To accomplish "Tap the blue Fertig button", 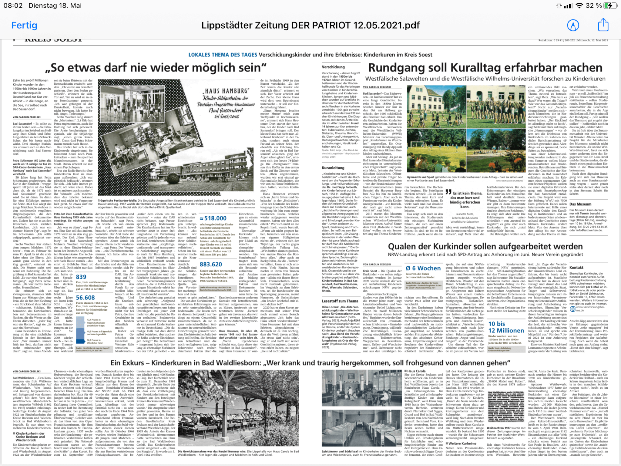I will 24,25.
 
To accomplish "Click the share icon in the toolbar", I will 603,25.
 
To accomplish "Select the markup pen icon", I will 573,25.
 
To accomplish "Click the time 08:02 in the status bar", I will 13,5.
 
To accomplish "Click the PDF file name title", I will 310,25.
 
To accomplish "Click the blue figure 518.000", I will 213,218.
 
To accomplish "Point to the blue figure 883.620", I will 211,264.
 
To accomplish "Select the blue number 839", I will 81,277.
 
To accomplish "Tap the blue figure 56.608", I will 85,298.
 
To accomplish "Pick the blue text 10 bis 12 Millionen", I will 506,327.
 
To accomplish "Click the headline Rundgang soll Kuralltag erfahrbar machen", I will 485,68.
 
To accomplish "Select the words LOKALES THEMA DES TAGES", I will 223,55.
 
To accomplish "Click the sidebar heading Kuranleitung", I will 333,168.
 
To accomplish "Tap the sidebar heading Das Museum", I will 580,204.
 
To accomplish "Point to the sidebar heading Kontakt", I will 576,268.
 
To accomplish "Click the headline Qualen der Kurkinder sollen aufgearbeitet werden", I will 485,246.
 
